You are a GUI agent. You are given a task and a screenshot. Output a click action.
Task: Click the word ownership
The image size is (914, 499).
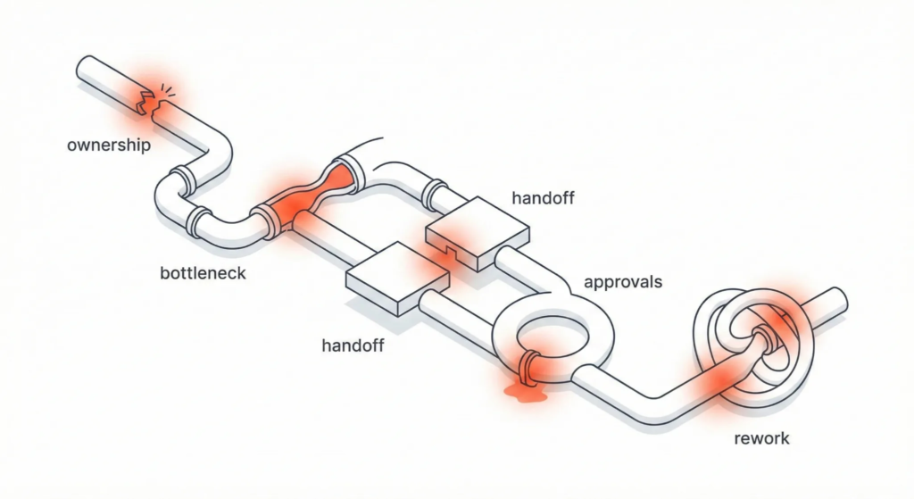pyautogui.click(x=108, y=145)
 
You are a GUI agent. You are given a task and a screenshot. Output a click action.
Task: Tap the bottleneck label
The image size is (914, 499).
pyautogui.click(x=202, y=272)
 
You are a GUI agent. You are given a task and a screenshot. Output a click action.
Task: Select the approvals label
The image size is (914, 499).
pyautogui.click(x=622, y=282)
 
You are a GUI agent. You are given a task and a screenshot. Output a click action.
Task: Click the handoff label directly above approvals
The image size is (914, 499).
pyautogui.click(x=543, y=196)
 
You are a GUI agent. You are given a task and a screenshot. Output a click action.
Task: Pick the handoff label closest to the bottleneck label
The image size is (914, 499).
pyautogui.click(x=352, y=345)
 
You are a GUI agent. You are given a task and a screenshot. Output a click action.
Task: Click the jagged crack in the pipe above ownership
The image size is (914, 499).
pyautogui.click(x=148, y=100)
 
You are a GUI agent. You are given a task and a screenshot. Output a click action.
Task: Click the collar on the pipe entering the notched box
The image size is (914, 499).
pyautogui.click(x=436, y=194)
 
